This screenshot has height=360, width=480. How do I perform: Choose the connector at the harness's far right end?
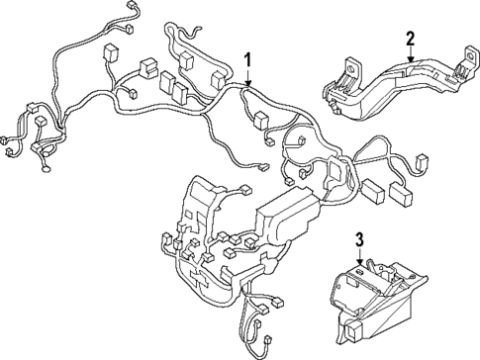tap(423, 160)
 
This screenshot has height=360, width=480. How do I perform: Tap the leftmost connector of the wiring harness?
tap(8, 139)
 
